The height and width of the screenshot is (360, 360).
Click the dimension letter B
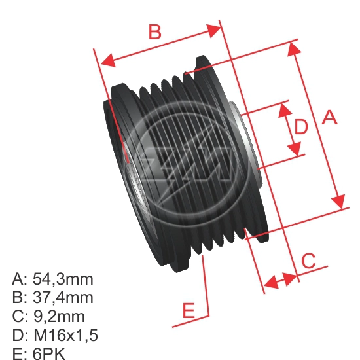154,31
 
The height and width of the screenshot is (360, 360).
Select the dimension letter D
300,127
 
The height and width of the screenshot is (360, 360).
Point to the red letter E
189,311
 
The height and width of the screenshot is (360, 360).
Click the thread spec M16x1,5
65,335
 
